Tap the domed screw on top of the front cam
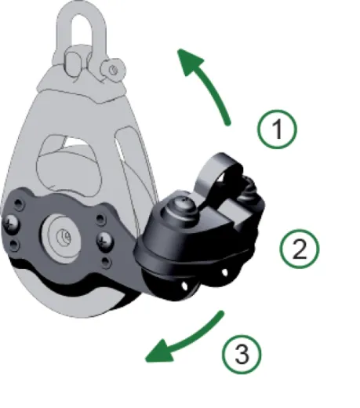coord(177,205)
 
